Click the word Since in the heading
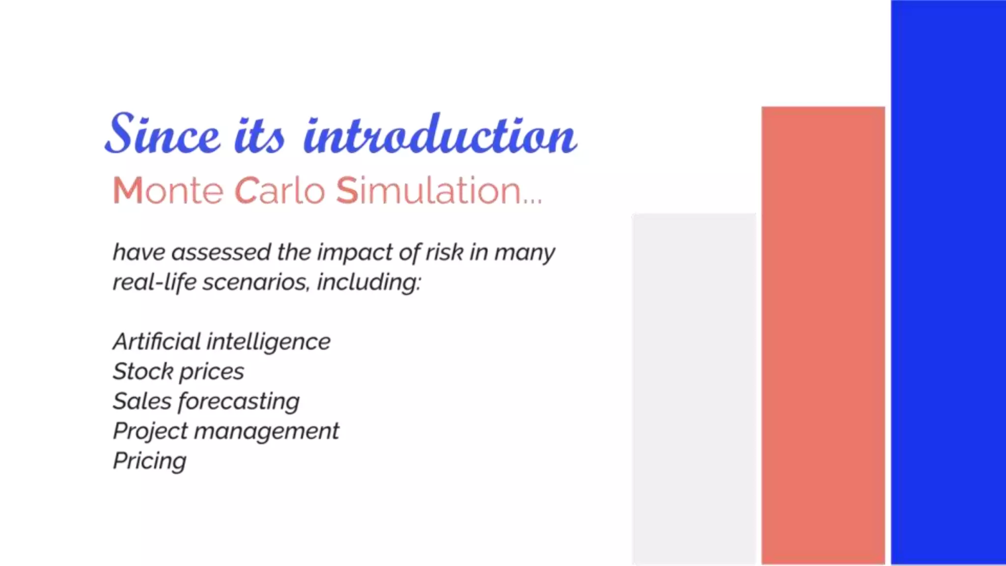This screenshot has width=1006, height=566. pyautogui.click(x=162, y=134)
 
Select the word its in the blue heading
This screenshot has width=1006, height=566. pyautogui.click(x=259, y=135)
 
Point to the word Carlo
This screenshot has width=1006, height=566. pyautogui.click(x=279, y=191)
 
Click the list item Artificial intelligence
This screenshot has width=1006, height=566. pyautogui.click(x=222, y=341)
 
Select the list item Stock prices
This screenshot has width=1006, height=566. pyautogui.click(x=178, y=371)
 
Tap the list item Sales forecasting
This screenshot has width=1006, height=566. pyautogui.click(x=206, y=401)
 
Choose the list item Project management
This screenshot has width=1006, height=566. pyautogui.click(x=226, y=431)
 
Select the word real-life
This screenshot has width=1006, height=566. pyautogui.click(x=155, y=282)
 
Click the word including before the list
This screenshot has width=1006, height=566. pyautogui.click(x=368, y=283)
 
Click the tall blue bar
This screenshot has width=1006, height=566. pyautogui.click(x=948, y=283)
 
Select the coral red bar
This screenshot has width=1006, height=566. pyautogui.click(x=823, y=335)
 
